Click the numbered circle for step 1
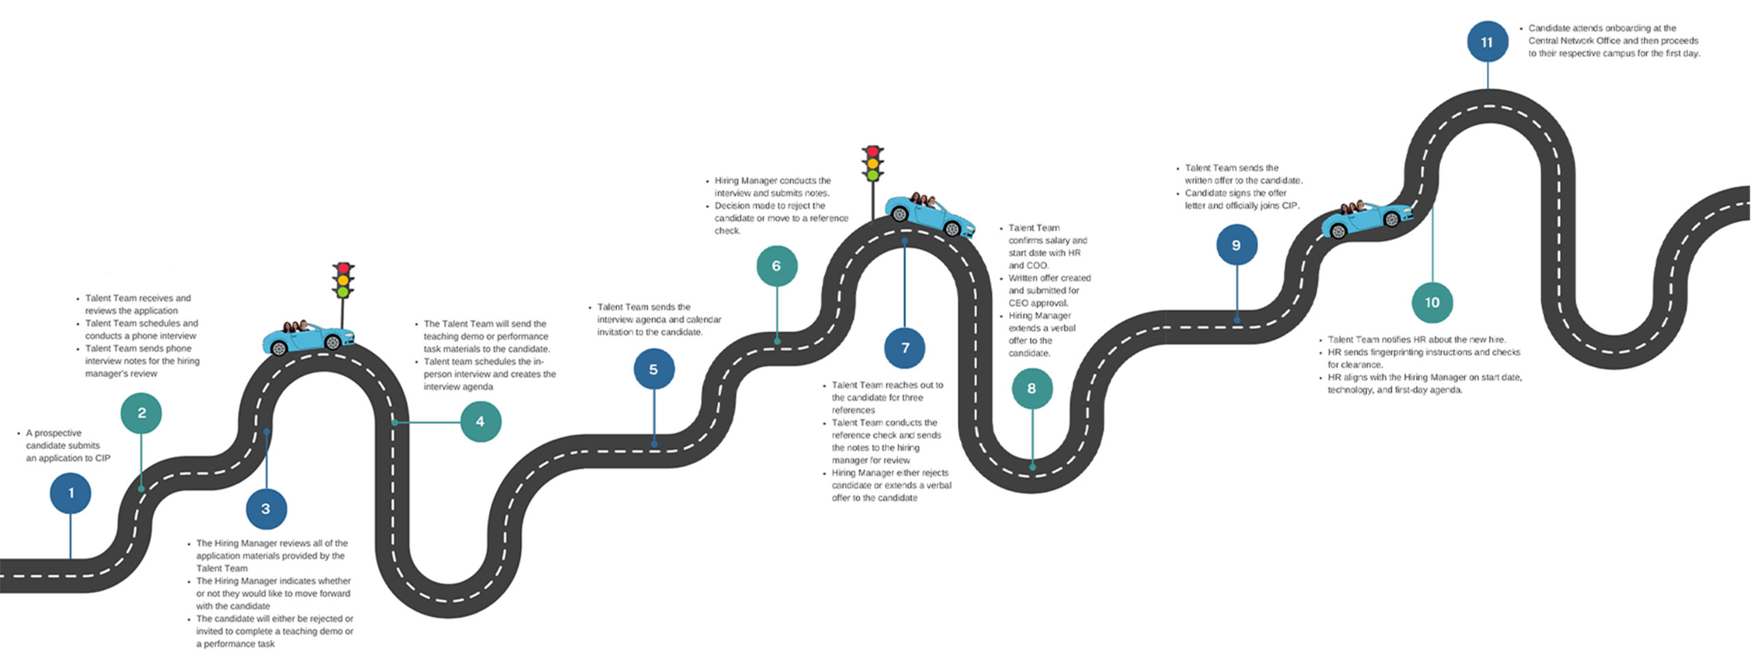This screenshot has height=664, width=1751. click(70, 493)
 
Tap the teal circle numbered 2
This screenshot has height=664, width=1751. click(142, 413)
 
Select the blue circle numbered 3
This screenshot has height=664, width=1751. click(266, 509)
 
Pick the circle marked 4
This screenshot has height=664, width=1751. click(481, 422)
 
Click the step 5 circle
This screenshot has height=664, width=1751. click(654, 370)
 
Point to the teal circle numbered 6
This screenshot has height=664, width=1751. click(777, 266)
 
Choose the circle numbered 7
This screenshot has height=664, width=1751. click(905, 348)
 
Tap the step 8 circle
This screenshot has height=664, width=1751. click(1032, 388)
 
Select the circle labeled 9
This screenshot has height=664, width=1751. click(1237, 245)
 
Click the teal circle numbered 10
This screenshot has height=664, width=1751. click(1432, 303)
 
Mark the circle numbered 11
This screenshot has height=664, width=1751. click(1488, 42)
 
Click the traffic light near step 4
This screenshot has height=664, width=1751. click(343, 281)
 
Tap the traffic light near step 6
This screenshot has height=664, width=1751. click(872, 164)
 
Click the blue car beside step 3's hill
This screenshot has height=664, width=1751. click(308, 338)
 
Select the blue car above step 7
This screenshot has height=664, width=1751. click(930, 214)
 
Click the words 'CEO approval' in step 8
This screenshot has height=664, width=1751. click(1038, 303)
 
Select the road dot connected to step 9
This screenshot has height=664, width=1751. click(1237, 320)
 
